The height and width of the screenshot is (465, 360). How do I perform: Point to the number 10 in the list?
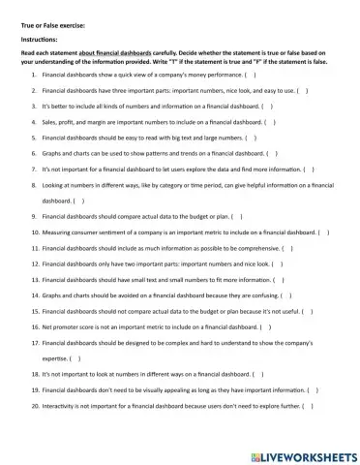pyautogui.click(x=35, y=232)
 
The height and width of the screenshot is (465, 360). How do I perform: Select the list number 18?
pyautogui.click(x=35, y=373)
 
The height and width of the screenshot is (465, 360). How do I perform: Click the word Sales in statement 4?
pyautogui.click(x=50, y=123)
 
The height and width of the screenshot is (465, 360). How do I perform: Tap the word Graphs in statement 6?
pyautogui.click(x=53, y=153)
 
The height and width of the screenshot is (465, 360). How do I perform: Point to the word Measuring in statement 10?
pyautogui.click(x=59, y=232)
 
